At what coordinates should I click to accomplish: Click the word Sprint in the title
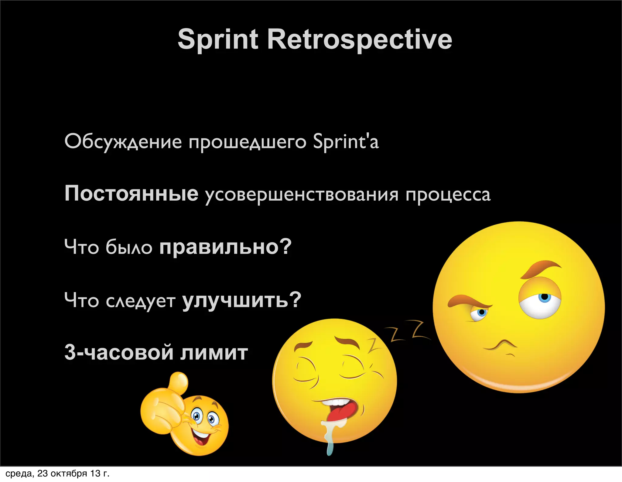(x=218, y=39)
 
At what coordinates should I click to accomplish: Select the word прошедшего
(x=248, y=142)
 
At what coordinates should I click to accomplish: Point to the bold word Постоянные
(x=131, y=193)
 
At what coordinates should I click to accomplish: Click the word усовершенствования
(x=301, y=195)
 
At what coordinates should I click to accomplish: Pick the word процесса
(x=448, y=195)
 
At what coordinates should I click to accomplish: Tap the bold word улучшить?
(x=241, y=300)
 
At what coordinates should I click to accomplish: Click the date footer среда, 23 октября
(x=57, y=474)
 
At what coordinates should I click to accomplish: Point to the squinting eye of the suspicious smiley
(x=480, y=313)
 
